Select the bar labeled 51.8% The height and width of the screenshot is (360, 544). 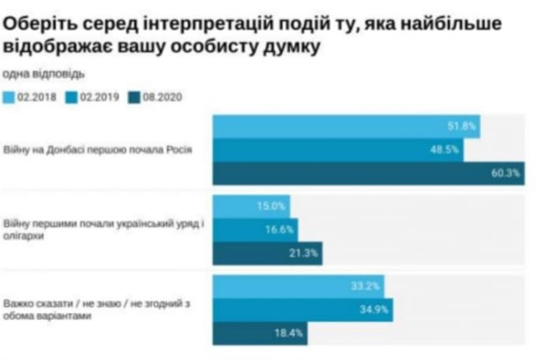(346, 126)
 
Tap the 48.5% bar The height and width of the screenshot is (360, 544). (338, 150)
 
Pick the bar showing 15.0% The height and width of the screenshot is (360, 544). (252, 206)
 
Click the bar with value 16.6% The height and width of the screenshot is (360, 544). (256, 229)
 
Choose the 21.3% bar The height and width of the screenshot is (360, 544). (268, 253)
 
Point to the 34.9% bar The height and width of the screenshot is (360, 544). (303, 310)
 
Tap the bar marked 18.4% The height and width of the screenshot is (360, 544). (260, 333)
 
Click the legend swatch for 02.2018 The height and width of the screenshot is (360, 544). (9, 98)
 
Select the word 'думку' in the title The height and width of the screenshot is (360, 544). (288, 50)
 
